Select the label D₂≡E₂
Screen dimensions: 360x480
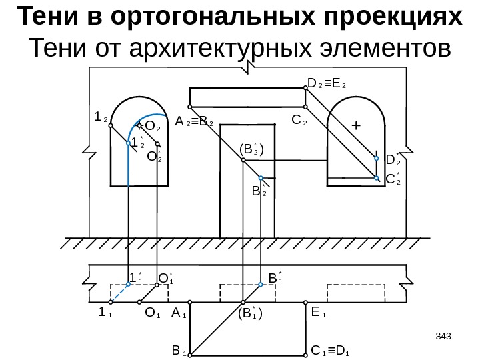[x=331, y=84]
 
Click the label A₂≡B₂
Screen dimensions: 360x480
[x=193, y=122]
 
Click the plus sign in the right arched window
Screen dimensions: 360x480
[x=355, y=125]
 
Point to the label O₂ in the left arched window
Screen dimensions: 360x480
[x=153, y=125]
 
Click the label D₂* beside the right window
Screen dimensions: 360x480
[x=393, y=159]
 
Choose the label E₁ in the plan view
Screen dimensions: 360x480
[x=319, y=311]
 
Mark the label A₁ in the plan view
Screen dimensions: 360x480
[x=178, y=311]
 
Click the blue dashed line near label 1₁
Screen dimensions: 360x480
[x=121, y=292]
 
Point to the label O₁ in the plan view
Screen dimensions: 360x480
[x=152, y=311]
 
